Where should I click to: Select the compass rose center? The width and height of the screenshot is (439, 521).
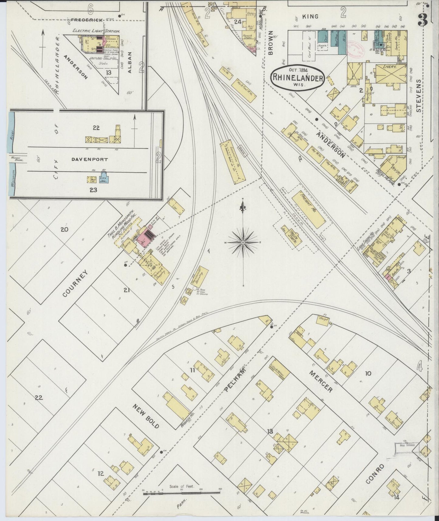click(x=243, y=242)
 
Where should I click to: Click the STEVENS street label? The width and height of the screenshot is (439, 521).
click(x=420, y=96)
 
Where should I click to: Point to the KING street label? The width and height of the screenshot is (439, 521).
click(x=310, y=16)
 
